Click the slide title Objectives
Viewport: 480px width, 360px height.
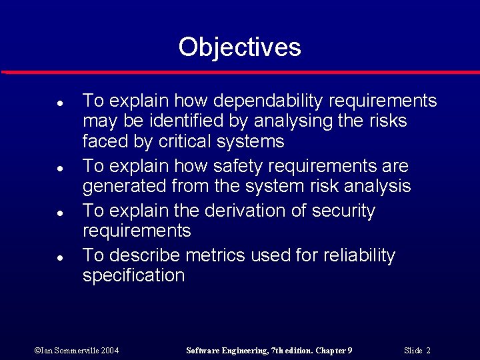coord(239,47)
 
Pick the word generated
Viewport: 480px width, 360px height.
coord(125,186)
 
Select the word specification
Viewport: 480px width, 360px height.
coord(133,275)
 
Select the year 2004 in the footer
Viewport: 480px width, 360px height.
coord(110,351)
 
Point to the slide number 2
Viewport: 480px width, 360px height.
coord(428,351)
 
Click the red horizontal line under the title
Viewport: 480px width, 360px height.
coord(240,71)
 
